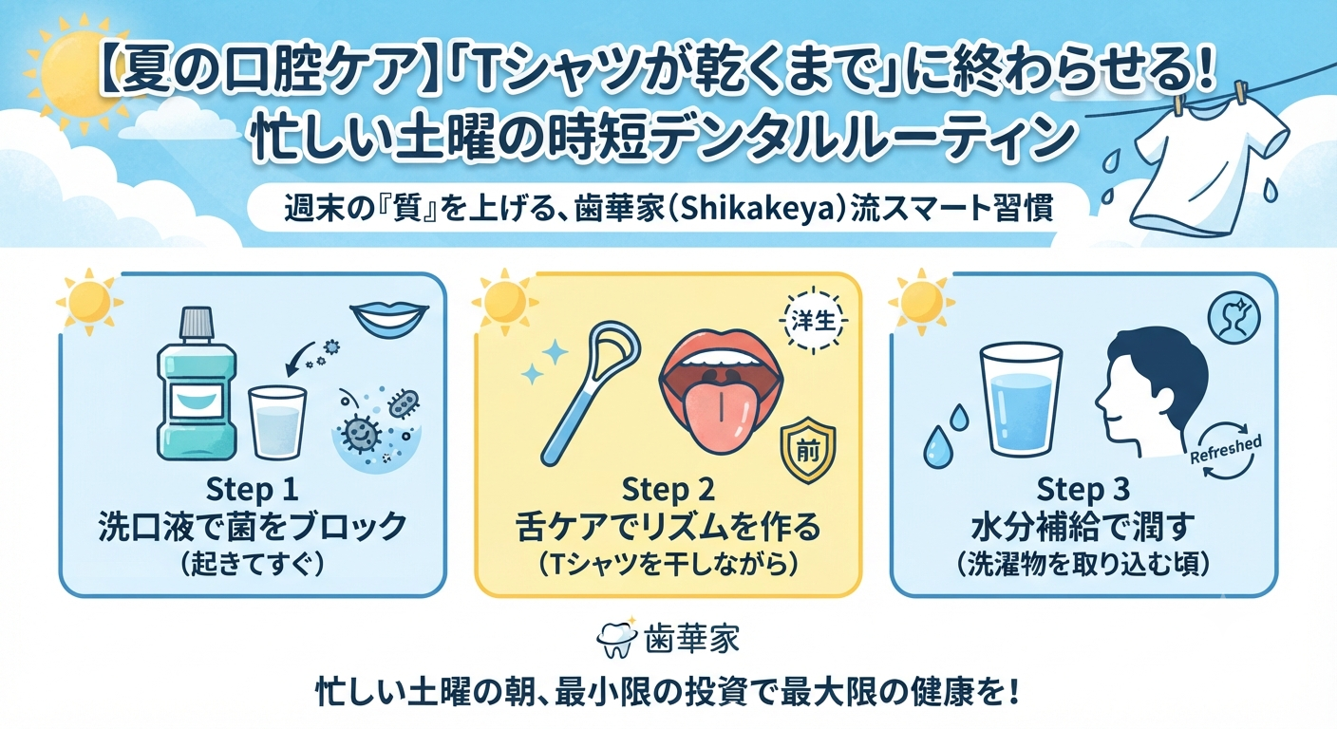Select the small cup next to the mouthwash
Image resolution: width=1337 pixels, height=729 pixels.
coord(277,421)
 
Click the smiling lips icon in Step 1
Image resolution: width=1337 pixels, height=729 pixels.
coord(389,321)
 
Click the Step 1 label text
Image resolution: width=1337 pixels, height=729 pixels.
coord(252,491)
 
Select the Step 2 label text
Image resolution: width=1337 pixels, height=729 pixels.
coord(668,491)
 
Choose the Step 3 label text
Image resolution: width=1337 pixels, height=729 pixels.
coord(1083,491)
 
